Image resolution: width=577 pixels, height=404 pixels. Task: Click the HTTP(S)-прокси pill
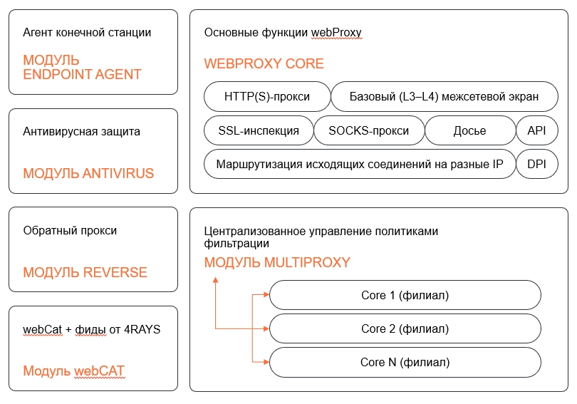point(267,96)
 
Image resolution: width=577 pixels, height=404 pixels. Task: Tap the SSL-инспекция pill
point(258,130)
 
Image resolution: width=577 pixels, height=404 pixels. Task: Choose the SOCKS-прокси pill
point(368,130)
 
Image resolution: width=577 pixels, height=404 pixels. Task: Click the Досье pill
point(469,130)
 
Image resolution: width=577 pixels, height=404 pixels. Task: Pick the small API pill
point(536,130)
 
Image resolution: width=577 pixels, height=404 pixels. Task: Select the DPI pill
point(536,164)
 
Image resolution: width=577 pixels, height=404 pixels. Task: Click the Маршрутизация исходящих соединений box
point(359,164)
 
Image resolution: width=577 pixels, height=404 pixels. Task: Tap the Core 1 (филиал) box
point(405,295)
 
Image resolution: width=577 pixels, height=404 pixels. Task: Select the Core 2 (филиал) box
point(405,328)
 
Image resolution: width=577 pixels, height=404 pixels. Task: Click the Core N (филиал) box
point(405,362)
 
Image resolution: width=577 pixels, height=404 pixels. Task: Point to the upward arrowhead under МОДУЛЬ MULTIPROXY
point(215,280)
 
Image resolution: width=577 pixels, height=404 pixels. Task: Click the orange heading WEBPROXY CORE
point(264,63)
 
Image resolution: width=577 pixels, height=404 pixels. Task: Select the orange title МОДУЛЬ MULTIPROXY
point(277,262)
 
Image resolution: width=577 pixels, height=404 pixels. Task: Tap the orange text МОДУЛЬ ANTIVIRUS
point(88,173)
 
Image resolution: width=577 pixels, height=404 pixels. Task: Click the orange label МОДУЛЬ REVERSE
point(85,272)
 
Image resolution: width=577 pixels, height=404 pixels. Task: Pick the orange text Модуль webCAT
point(74,371)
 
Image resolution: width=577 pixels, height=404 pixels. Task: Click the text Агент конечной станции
point(87,33)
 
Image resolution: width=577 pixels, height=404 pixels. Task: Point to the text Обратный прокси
point(70,230)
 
